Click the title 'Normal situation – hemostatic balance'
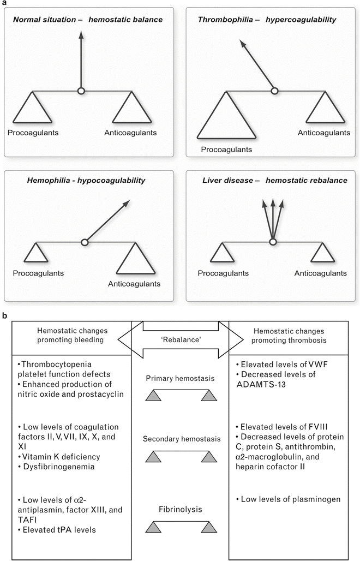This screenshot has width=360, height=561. [88, 20]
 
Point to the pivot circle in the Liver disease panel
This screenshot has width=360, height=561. [274, 241]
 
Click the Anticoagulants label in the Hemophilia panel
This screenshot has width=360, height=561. [134, 283]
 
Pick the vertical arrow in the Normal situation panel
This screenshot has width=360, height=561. [81, 60]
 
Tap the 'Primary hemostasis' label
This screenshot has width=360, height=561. [179, 378]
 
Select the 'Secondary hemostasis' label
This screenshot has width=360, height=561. [179, 438]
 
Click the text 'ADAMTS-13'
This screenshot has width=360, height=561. [265, 384]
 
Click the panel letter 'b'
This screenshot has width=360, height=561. [5, 315]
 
